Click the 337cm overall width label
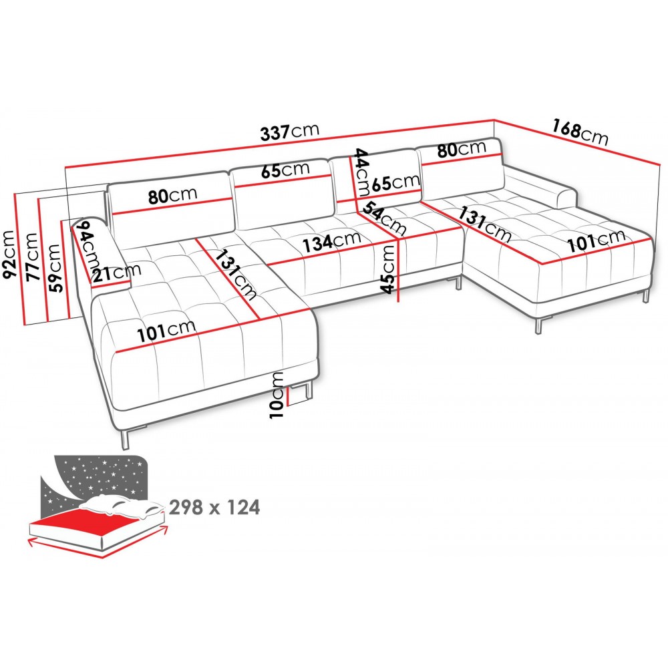coord(290,132)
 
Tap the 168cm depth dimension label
coord(580,132)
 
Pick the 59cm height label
coord(55,268)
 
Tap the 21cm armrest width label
coord(117,273)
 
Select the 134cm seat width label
coord(331,242)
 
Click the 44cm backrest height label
coord(362,172)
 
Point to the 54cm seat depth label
coord(385,218)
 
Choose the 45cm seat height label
coord(388,270)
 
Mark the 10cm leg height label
coord(277,395)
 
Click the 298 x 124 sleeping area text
coord(214,508)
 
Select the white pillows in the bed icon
coord(122,506)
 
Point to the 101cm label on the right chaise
coord(596,240)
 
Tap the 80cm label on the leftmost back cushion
coord(173,196)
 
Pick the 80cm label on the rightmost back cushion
coord(462,149)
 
